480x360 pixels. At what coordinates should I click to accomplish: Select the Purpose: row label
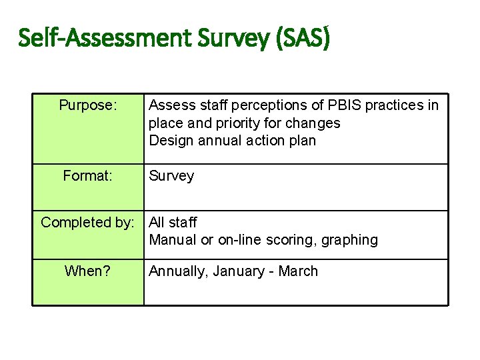(88, 105)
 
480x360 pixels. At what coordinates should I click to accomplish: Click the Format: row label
(88, 176)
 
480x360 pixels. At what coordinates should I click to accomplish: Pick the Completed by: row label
(88, 223)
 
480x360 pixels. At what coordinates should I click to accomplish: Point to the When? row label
(88, 271)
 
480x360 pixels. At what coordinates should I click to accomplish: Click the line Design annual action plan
(232, 141)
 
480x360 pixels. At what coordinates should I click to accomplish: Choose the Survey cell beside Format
(171, 176)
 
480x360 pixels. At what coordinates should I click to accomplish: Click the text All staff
(173, 223)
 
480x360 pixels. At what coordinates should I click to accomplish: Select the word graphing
(349, 240)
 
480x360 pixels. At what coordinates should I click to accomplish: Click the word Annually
(176, 271)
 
